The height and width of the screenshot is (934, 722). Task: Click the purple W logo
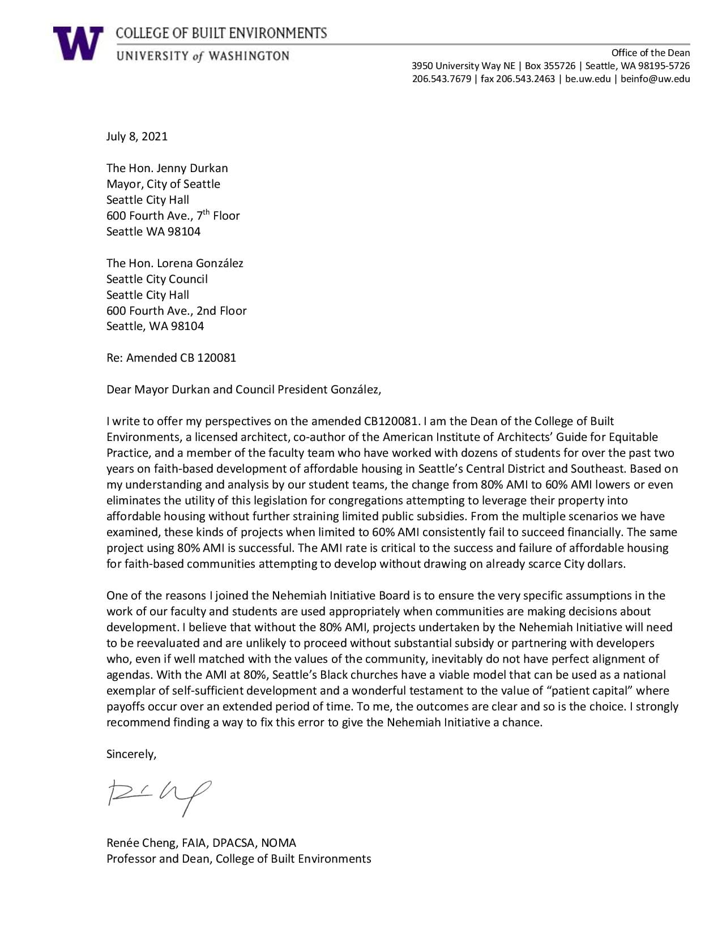point(78,43)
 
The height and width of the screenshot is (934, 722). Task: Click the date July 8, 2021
point(137,136)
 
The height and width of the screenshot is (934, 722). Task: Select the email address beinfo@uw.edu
point(655,79)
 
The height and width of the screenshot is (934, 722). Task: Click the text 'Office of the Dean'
point(650,53)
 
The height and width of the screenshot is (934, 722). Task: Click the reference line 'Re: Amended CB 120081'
point(171,358)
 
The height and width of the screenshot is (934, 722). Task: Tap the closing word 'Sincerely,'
point(131,754)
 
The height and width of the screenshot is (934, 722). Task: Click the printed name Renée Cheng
point(142,843)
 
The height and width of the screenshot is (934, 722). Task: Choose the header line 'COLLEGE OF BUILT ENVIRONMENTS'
point(221,33)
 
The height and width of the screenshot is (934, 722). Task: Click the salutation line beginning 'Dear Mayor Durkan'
point(243,389)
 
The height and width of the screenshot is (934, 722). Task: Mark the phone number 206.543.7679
point(441,79)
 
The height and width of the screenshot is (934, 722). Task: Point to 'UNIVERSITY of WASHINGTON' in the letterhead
point(203,55)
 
